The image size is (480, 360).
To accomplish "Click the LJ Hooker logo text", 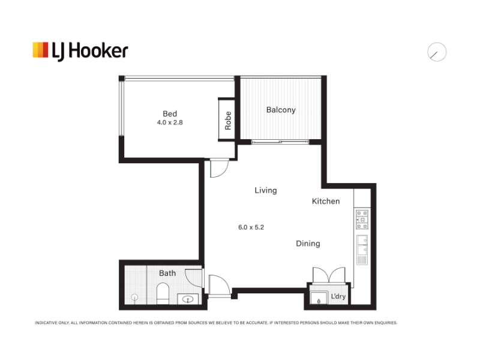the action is [89, 51].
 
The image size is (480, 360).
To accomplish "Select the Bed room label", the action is [170, 113].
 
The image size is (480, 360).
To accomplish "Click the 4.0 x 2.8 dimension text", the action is [170, 122].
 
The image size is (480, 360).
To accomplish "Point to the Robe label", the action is [228, 121].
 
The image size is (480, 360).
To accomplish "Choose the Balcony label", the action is [281, 110].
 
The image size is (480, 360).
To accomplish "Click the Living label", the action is [266, 190].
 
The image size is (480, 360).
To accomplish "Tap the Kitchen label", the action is [326, 201].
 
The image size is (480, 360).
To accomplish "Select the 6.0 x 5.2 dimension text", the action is [251, 227].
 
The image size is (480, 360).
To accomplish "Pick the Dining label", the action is [308, 244].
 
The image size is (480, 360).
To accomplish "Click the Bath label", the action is [167, 273].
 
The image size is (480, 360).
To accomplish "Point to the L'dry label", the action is [338, 296].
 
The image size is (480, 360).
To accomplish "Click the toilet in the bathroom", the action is [163, 293].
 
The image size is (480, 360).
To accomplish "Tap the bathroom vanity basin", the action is [188, 299].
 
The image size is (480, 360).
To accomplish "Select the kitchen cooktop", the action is [362, 219].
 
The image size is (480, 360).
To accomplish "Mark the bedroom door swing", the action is [219, 168].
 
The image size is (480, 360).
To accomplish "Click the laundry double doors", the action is [329, 275].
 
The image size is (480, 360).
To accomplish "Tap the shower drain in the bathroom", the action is [134, 297].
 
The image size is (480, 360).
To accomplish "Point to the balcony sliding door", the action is [280, 142].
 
